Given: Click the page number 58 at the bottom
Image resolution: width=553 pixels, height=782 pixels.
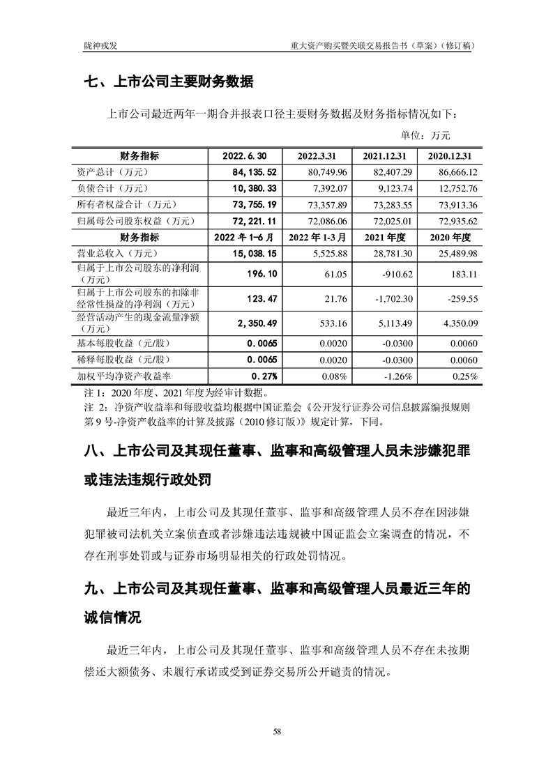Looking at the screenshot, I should click(277, 731).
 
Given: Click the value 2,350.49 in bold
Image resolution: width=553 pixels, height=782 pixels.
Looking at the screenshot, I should click(258, 322).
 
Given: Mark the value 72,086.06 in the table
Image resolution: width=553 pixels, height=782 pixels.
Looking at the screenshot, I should click(322, 221).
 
